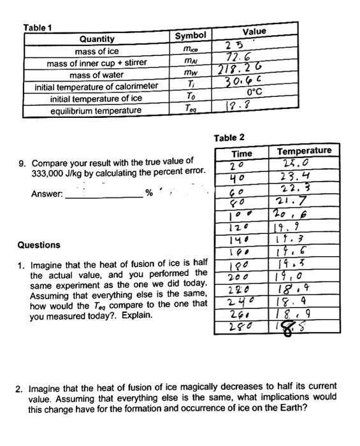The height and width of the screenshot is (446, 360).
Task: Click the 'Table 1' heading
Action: coord(38,27)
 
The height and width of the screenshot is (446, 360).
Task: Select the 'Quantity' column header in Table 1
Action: coord(97,40)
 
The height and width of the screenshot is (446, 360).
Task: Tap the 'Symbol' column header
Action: coord(191,36)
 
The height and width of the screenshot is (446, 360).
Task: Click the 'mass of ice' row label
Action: coord(97,51)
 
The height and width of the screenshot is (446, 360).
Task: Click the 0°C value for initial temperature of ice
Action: coord(254,92)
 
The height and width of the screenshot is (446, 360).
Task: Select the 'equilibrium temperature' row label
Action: coord(96,111)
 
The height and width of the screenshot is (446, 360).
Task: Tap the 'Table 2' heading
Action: coord(229,138)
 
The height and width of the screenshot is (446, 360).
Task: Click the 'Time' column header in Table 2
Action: coord(241,154)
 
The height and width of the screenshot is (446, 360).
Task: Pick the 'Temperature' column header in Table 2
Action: coord(305,150)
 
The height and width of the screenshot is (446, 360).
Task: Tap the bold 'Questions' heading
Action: coord(39,245)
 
